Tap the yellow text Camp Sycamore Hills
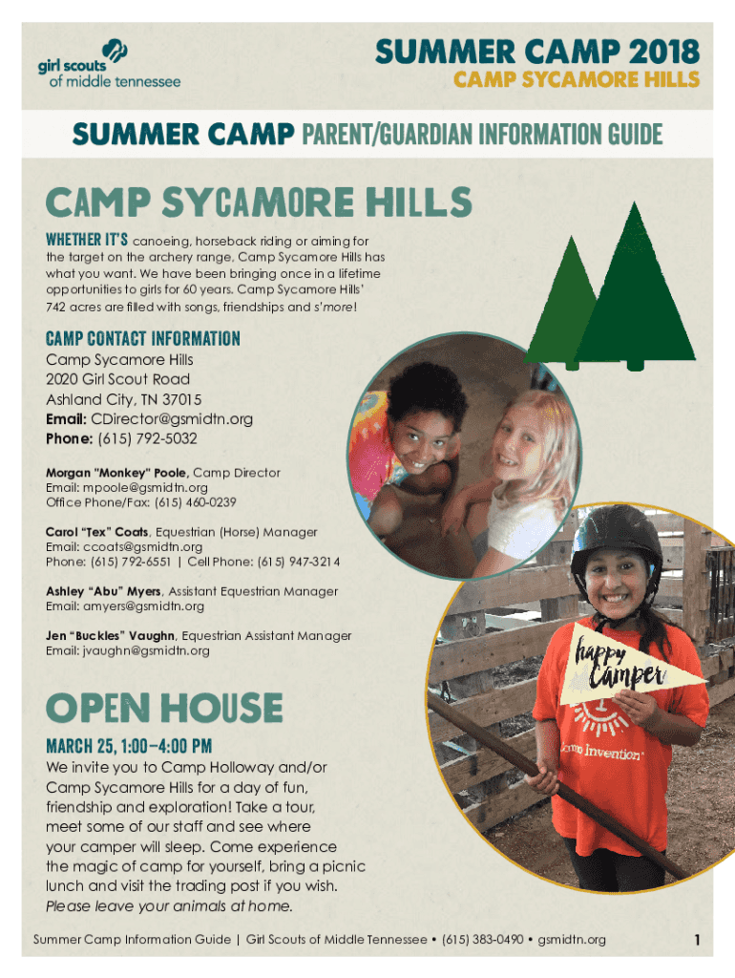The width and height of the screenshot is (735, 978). [x=576, y=80]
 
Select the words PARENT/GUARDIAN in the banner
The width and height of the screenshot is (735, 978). [x=387, y=134]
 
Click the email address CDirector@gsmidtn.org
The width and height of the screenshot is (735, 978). [x=172, y=419]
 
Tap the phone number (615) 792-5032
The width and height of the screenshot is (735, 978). [x=147, y=438]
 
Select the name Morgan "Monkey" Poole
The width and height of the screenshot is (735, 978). [x=115, y=473]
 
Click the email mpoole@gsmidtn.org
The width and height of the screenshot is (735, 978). [x=145, y=488]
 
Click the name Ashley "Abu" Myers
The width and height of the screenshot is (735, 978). [x=103, y=591]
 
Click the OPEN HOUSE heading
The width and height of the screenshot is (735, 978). [x=164, y=708]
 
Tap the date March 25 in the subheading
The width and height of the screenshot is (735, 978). [x=81, y=746]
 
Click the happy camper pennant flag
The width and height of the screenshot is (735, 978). [x=626, y=666]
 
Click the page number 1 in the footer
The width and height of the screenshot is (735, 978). [x=697, y=940]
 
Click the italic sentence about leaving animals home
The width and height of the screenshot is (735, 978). [x=169, y=905]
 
